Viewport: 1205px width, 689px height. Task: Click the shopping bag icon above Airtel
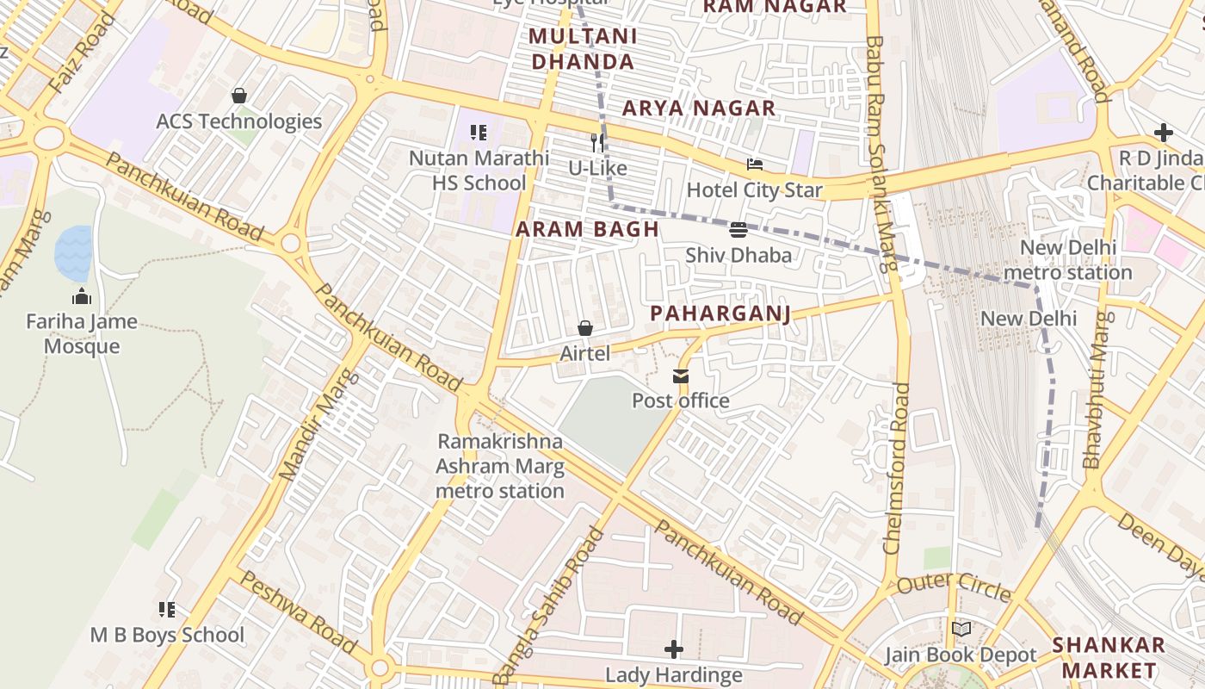click(585, 328)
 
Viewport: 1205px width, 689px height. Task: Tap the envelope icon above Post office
click(681, 376)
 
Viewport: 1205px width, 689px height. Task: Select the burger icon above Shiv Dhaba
click(738, 230)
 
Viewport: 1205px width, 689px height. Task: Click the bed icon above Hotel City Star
click(755, 164)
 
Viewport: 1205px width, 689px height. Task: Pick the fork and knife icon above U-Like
click(597, 142)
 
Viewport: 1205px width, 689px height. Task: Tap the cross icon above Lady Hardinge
click(674, 649)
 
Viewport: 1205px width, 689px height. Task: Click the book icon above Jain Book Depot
click(961, 630)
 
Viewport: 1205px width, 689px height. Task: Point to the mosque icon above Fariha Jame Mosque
click(82, 297)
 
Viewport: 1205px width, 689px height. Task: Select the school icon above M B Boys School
click(167, 610)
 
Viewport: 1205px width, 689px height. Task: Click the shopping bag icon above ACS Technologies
click(239, 96)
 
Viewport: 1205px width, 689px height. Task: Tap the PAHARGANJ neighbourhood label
click(720, 313)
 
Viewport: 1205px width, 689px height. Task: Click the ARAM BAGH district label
click(587, 229)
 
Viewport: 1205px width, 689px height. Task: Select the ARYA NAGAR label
click(699, 109)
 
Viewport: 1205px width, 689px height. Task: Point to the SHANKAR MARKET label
click(1109, 657)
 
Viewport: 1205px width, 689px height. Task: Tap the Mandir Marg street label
click(317, 425)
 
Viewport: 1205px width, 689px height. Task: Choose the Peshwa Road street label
click(297, 611)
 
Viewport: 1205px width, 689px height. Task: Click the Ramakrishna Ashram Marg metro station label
click(500, 466)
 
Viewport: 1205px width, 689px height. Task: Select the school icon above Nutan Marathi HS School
click(479, 133)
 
